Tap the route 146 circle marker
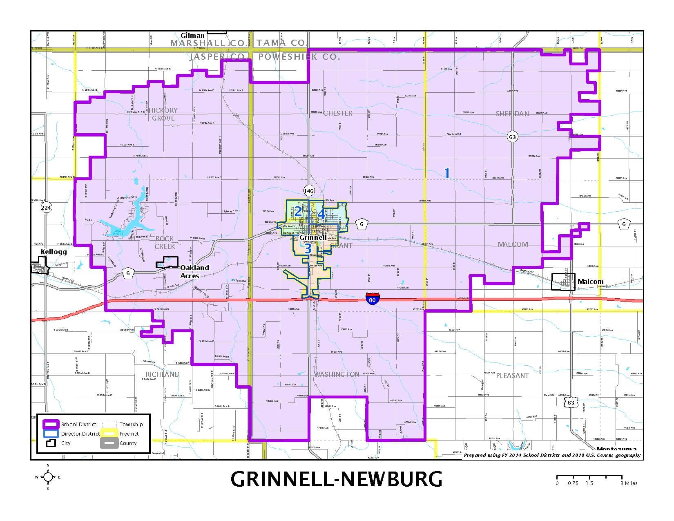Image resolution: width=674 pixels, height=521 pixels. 309,190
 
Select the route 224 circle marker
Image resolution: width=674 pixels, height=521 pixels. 47,208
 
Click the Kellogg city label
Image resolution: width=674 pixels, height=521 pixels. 54,252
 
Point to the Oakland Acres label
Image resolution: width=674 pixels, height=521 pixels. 194,272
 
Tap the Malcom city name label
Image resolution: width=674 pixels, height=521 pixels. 590,282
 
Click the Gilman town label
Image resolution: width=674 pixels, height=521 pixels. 192,36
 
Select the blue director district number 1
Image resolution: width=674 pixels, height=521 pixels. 447,173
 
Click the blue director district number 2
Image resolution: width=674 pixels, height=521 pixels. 298,212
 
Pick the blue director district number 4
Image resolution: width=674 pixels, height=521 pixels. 321,214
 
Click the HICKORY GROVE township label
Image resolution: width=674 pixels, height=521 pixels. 163,114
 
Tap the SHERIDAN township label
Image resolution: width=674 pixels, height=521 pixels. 512,114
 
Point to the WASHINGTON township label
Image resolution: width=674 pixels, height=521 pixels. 337,374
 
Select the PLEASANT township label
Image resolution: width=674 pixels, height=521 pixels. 512,376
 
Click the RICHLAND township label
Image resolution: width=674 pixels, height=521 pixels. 163,374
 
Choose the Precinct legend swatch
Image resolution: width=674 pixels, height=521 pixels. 109,434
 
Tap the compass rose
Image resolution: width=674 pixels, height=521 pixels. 48,477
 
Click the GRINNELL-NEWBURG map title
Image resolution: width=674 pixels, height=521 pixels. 336,479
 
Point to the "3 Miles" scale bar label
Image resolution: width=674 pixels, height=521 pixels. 629,483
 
